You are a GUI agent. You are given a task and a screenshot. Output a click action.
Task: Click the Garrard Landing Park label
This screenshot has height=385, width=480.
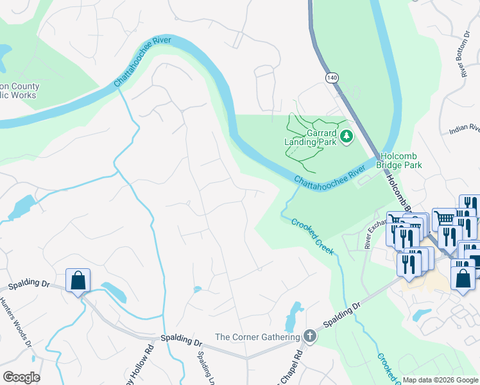310,137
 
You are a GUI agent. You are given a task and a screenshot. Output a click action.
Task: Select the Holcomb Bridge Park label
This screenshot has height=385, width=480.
401,160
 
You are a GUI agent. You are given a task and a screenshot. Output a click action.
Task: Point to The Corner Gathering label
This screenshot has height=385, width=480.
257,337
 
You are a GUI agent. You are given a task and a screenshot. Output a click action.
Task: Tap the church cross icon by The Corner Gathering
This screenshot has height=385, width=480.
309,336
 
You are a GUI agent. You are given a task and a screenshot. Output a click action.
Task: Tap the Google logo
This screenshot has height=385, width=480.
21,377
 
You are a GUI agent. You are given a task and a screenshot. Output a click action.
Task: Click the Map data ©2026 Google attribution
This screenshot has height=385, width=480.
440,380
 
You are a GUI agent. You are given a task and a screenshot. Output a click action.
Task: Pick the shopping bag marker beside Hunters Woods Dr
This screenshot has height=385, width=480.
78,280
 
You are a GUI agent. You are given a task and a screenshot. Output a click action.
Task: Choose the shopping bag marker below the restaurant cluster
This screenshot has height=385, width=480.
463,279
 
